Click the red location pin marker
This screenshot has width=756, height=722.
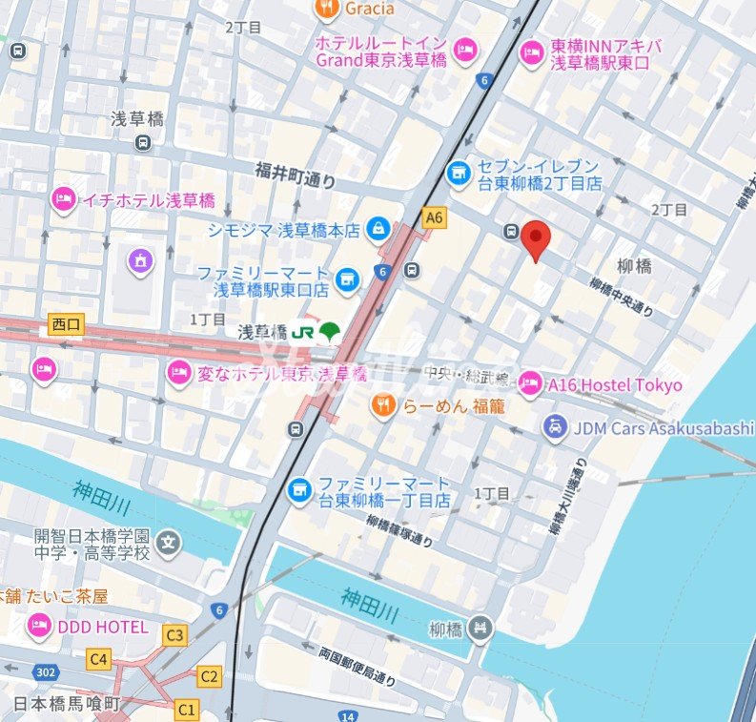click(x=538, y=238)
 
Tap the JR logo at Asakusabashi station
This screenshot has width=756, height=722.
click(x=303, y=332)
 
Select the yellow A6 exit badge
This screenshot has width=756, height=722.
click(x=435, y=217)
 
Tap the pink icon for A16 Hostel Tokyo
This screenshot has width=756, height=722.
click(x=530, y=384)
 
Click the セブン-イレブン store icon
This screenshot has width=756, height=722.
click(x=460, y=174)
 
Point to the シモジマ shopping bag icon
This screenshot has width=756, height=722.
click(x=379, y=229)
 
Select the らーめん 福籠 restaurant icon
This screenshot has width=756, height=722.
click(x=383, y=406)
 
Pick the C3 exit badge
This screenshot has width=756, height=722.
click(x=174, y=634)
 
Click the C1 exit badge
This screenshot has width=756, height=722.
click(x=187, y=709)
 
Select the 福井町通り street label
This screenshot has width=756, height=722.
click(x=296, y=171)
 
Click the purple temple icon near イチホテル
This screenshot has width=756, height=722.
click(x=141, y=259)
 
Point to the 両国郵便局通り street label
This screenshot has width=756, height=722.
click(x=357, y=667)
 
